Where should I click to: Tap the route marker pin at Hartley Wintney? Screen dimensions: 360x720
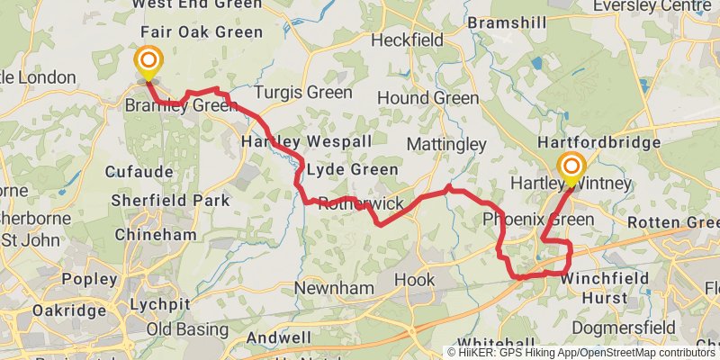click(x=571, y=167)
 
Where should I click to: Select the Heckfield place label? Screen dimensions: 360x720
click(x=407, y=40)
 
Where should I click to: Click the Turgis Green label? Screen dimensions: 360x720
click(x=302, y=93)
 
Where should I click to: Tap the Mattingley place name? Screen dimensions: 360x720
click(x=446, y=144)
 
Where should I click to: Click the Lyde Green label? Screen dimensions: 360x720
click(x=352, y=169)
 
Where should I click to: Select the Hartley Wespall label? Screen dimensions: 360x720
click(x=293, y=142)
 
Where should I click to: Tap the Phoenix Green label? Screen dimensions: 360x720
click(x=538, y=220)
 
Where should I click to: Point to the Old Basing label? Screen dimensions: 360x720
click(x=188, y=328)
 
